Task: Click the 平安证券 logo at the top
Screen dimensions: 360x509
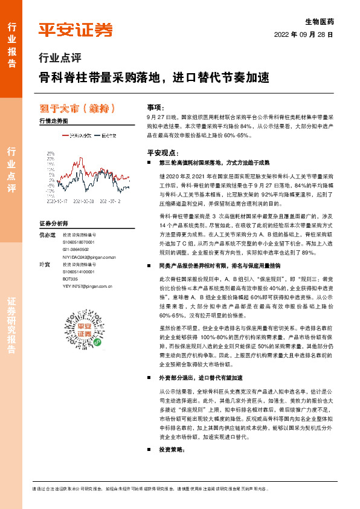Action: click(x=76, y=30)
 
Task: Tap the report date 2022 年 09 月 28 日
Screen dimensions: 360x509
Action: click(x=303, y=34)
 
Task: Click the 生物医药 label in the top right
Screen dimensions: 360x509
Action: click(x=320, y=21)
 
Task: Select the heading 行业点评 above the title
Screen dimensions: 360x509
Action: click(x=59, y=59)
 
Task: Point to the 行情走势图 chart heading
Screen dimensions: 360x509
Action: click(x=53, y=121)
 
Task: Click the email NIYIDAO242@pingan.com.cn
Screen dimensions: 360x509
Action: click(x=89, y=256)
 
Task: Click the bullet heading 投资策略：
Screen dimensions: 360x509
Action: click(x=172, y=450)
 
